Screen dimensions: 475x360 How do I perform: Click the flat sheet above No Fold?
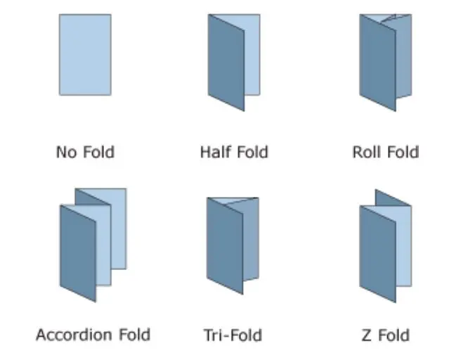click(85, 55)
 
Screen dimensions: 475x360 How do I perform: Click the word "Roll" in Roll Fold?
click(366, 152)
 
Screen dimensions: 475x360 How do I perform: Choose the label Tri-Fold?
click(234, 334)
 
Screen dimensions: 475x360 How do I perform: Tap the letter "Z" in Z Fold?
click(366, 335)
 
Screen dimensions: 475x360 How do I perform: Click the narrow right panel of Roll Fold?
click(405, 60)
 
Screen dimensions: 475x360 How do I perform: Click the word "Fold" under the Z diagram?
click(394, 335)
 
